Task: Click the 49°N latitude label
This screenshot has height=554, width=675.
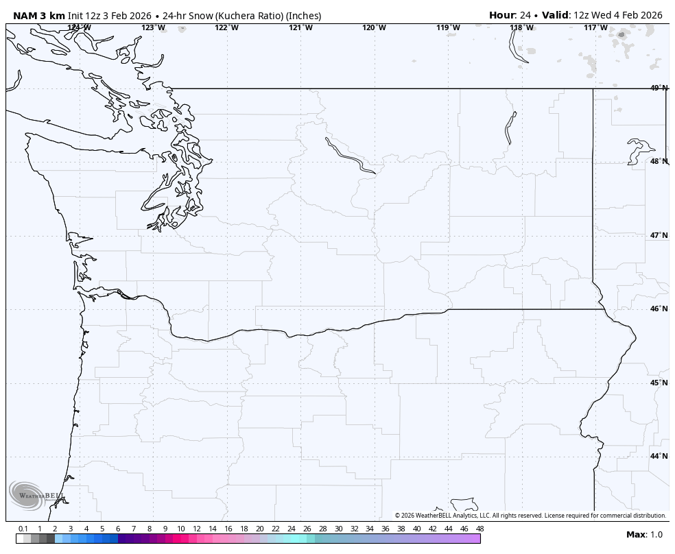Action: [x=659, y=88]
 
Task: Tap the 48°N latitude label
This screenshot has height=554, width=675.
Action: [x=659, y=161]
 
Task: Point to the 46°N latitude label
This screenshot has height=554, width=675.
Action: [x=659, y=309]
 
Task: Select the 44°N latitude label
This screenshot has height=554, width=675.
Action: [x=659, y=456]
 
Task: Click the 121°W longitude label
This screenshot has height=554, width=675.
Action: [x=300, y=27]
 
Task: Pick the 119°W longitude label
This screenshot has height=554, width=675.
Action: [x=448, y=27]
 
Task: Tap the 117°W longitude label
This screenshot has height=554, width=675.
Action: [x=595, y=27]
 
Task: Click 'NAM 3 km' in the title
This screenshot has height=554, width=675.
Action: [x=38, y=16]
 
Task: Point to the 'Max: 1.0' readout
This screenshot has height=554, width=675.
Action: [x=644, y=535]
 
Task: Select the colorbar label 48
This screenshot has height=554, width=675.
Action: [x=479, y=529]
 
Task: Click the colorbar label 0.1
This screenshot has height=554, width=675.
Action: [x=23, y=529]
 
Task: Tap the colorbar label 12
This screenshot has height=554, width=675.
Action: [x=197, y=529]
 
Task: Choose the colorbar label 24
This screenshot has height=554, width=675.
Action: [x=292, y=529]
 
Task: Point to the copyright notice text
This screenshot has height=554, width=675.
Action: [x=530, y=516]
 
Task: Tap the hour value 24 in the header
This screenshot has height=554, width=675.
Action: [x=525, y=15]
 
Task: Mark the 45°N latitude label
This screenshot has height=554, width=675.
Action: [x=659, y=383]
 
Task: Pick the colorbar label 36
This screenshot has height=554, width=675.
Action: [x=386, y=529]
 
